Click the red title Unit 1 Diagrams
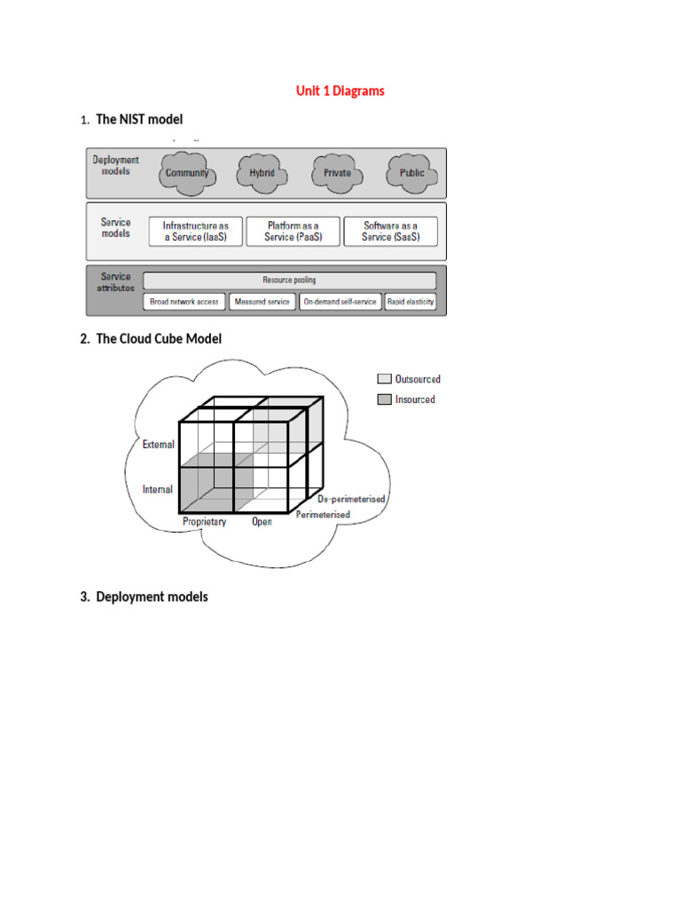click(340, 91)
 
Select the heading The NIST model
click(139, 119)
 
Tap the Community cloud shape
click(187, 172)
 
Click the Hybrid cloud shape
click(262, 172)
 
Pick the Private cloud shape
click(337, 172)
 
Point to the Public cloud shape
click(412, 172)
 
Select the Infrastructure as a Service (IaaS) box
click(195, 232)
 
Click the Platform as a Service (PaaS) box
click(293, 232)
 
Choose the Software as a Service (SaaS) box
click(389, 232)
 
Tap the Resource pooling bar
click(289, 281)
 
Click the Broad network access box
click(184, 302)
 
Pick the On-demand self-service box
click(340, 302)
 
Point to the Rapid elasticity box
click(411, 302)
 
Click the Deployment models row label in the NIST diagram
click(116, 166)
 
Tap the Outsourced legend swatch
click(384, 379)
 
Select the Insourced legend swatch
click(384, 399)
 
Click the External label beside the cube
click(159, 445)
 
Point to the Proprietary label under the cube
click(204, 522)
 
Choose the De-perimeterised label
click(351, 499)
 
